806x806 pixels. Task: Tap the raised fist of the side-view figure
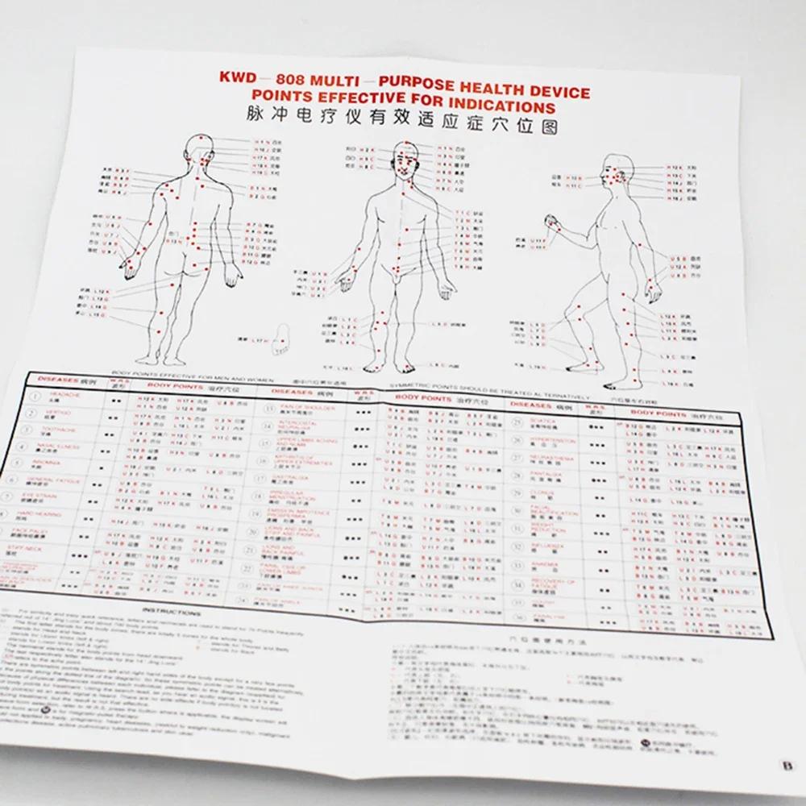[x=552, y=220]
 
